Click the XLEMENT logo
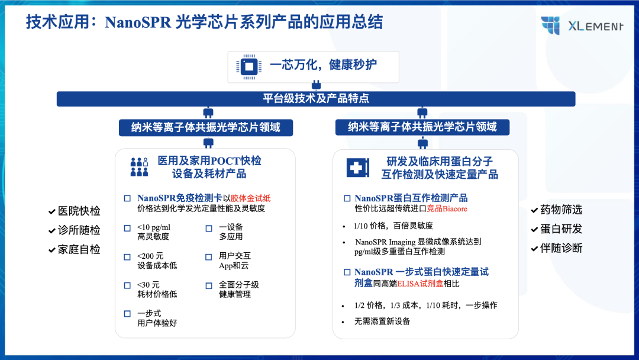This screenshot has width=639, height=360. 582,25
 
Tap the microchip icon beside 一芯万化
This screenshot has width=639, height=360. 249,66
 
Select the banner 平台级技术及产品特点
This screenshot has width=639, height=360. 316,99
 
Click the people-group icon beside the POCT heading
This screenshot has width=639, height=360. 139,167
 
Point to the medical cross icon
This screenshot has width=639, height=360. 358,168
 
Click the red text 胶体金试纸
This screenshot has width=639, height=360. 251,198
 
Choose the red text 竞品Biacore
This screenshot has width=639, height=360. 447,209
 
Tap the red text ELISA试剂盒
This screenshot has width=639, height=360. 420,284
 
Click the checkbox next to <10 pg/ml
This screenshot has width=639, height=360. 127,229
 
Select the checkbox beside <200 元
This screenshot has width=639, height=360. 127,257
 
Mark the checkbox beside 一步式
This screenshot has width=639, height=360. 127,314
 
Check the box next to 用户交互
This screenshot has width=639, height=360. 209,257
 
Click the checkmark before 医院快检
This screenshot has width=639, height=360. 51,211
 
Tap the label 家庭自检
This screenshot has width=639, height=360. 79,249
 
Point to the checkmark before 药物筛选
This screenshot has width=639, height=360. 535,210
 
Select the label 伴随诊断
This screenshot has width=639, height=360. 561,248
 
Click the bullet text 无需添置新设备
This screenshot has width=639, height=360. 382,322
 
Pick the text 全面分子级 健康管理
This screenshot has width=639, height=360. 239,290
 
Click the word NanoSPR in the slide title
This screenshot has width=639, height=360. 138,22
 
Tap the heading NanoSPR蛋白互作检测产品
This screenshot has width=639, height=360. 411,198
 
